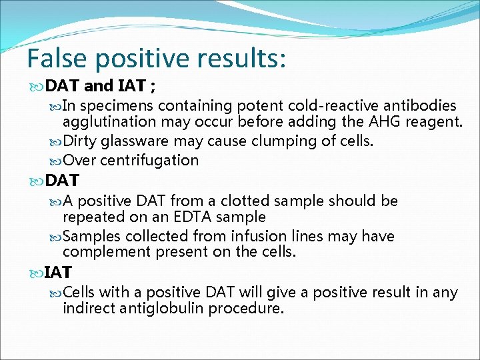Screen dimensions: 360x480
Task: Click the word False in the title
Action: (x=57, y=59)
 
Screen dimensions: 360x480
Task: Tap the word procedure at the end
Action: (x=247, y=308)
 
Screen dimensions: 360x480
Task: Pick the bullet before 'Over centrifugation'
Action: (x=55, y=161)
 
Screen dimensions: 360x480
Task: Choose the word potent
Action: (x=253, y=105)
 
